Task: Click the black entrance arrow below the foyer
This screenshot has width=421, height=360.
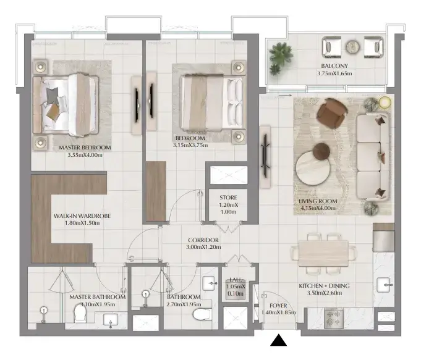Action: click(278, 340)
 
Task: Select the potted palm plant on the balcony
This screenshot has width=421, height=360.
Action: click(281, 57)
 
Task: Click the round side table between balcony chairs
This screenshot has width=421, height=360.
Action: click(352, 46)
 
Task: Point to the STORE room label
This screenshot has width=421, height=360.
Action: click(228, 198)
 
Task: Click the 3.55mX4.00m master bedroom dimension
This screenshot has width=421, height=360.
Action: click(85, 155)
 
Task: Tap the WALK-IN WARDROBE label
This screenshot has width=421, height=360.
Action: click(82, 216)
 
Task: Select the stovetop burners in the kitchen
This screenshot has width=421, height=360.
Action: click(334, 319)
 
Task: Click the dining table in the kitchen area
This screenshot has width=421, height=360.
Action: click(323, 254)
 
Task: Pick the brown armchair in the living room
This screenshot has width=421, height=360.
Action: click(332, 112)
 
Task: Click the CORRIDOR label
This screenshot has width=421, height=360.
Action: click(203, 240)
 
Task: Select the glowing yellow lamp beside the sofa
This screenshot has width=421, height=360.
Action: click(385, 103)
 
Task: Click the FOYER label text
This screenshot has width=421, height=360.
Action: click(278, 306)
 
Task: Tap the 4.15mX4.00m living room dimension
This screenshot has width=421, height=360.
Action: click(318, 208)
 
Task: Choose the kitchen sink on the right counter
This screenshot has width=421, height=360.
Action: click(385, 285)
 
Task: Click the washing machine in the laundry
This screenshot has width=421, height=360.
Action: click(235, 288)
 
